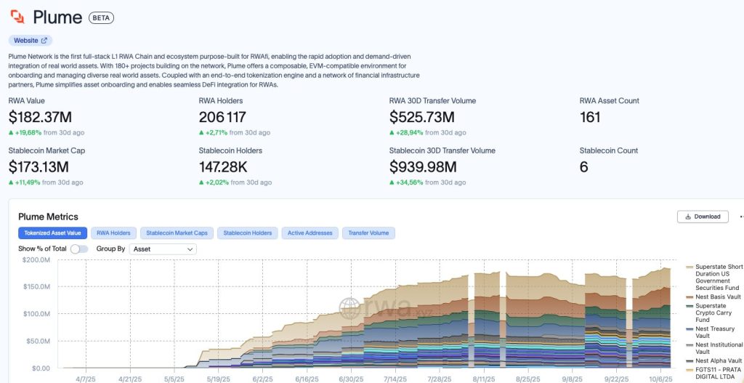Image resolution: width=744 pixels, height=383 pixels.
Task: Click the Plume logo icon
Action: [17, 17]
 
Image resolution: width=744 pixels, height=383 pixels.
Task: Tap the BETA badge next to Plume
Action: [101, 17]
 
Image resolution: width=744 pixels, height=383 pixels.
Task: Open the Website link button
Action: [31, 41]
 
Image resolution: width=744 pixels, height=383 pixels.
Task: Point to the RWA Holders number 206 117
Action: [222, 117]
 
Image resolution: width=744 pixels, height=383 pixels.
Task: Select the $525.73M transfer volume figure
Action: [422, 117]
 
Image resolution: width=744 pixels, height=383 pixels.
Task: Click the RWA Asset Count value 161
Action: [590, 117]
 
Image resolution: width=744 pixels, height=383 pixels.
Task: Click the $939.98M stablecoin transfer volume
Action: [423, 167]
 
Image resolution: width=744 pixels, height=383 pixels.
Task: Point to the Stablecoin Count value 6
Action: [584, 167]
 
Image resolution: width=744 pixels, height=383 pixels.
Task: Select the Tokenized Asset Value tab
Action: [52, 233]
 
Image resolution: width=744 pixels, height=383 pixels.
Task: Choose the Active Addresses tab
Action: [310, 233]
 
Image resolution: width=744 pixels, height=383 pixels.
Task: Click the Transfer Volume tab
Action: [368, 233]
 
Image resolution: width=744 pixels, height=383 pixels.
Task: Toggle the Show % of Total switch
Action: [79, 249]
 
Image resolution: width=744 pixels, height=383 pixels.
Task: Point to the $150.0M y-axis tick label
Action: [36, 286]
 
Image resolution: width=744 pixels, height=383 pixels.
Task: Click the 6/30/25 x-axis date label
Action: [351, 379]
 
